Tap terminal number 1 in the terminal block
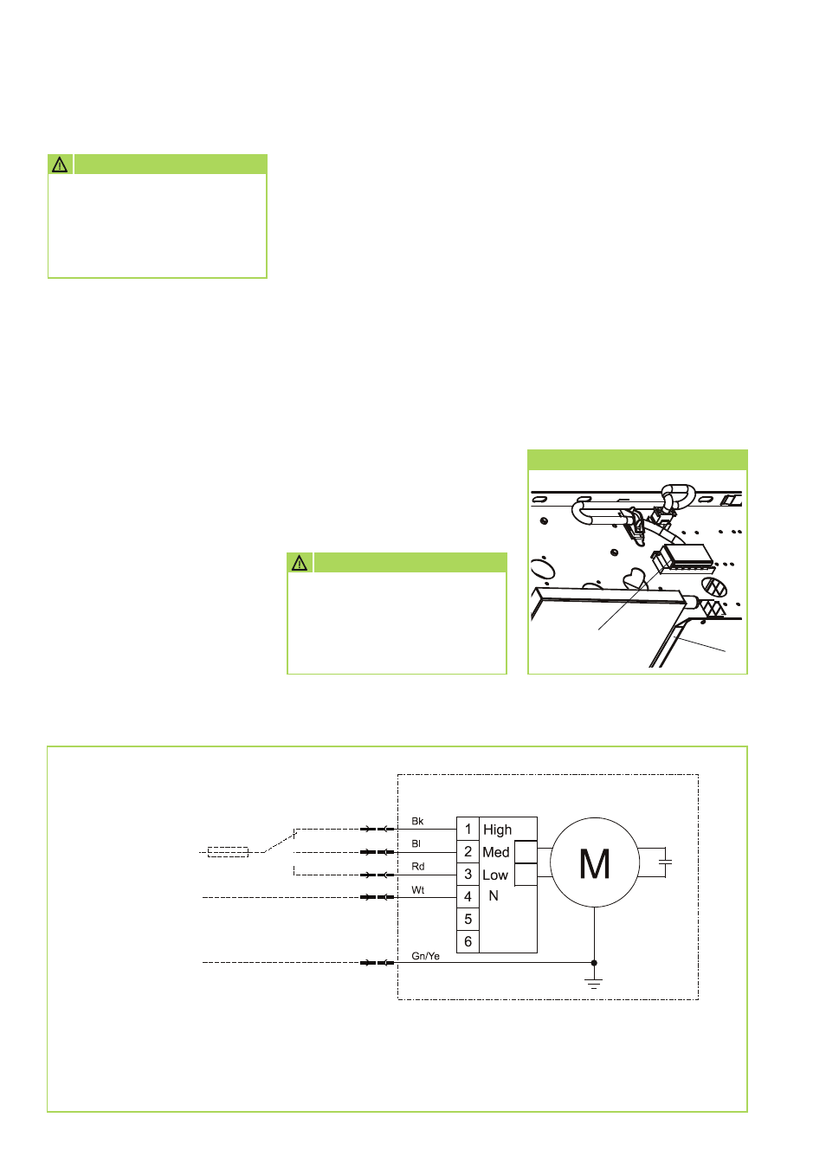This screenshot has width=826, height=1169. coord(468,829)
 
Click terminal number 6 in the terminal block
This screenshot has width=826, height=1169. coord(468,941)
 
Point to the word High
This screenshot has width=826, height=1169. coord(497,830)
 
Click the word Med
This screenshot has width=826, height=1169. coord(496,852)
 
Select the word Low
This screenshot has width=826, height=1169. coord(495,875)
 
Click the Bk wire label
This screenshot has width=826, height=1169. coord(417,821)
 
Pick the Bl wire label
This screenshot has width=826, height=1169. coord(416,843)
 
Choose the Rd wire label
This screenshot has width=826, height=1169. coord(418,866)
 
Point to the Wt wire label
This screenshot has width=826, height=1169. coord(418,890)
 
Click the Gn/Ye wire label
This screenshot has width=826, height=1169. coord(425,956)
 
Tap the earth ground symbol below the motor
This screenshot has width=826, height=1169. coord(594,983)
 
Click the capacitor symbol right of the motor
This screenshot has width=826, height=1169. coord(665,862)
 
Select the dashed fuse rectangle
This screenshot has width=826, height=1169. coord(228,852)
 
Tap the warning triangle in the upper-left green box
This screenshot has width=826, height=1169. coord(60,165)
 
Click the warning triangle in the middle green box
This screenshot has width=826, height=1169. coord(300,563)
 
